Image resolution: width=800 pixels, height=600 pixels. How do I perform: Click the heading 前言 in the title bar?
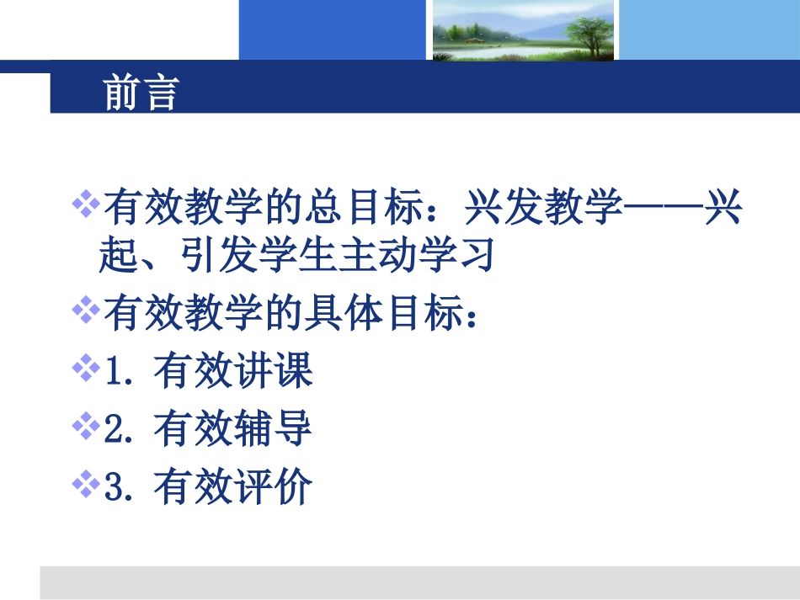pos(141,93)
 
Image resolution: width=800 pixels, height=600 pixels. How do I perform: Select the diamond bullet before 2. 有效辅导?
pos(86,427)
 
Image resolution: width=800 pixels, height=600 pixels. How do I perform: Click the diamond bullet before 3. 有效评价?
pos(86,484)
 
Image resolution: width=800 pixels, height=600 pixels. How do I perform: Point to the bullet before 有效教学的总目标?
pos(86,203)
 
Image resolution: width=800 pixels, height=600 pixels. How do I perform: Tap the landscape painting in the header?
pos(523,30)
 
